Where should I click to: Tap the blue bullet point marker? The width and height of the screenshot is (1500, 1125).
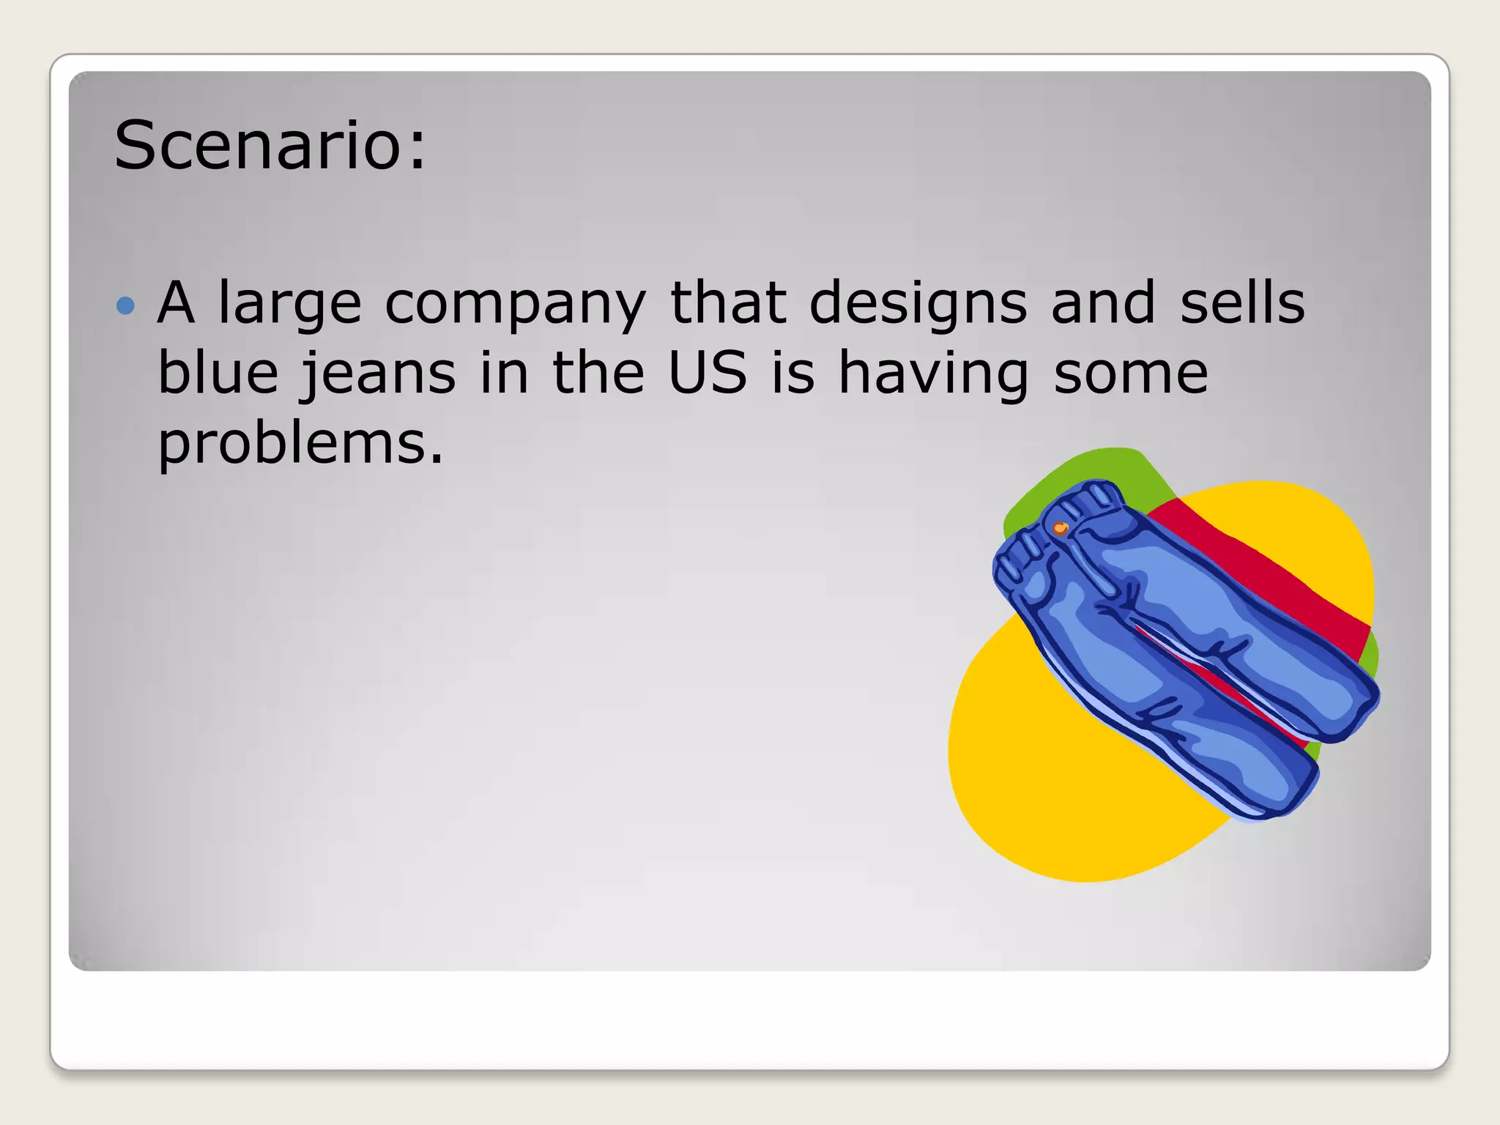coord(126,305)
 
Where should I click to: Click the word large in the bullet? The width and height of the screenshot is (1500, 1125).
coord(290,303)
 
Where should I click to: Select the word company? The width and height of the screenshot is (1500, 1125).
coord(515,303)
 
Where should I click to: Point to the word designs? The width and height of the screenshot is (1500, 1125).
coord(918,303)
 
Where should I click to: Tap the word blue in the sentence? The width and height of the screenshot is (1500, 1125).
coord(218,372)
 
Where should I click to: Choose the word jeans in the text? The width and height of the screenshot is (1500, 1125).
coord(379,374)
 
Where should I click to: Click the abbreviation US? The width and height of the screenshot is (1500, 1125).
coord(708,372)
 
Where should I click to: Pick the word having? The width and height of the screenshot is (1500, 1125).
coord(934,374)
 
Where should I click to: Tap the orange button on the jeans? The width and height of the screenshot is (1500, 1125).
coord(1060,527)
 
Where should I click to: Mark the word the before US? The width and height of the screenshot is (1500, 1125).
coord(598,372)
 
